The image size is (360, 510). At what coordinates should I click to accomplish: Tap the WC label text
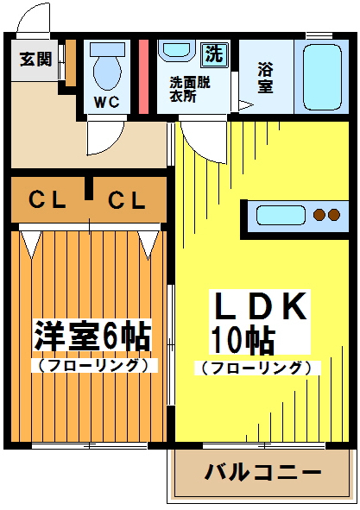tap(106, 101)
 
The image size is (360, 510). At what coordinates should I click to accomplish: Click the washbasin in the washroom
tap(177, 50)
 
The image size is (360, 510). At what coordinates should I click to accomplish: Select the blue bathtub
tap(319, 75)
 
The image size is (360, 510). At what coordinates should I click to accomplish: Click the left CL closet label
tap(47, 202)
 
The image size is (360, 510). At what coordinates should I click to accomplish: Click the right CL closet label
tap(126, 202)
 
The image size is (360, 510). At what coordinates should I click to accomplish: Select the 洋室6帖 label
tap(92, 335)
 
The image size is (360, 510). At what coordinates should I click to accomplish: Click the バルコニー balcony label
tap(262, 473)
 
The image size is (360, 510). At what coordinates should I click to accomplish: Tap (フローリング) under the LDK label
tap(256, 368)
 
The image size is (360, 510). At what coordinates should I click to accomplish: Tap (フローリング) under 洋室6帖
tap(93, 365)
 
